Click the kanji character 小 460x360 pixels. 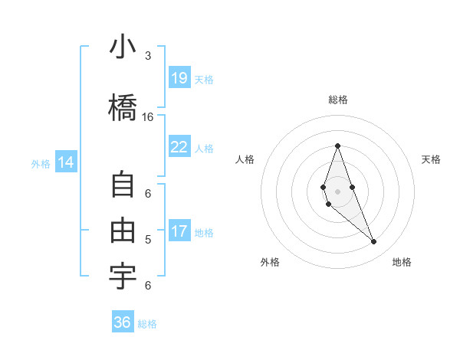[x=123, y=49]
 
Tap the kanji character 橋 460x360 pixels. [x=123, y=106]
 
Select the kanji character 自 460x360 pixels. [x=123, y=186]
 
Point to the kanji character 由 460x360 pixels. [x=123, y=231]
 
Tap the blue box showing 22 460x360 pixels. [x=179, y=147]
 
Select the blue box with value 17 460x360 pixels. [x=179, y=231]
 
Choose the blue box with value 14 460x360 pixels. [x=66, y=162]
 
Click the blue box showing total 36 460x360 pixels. [x=123, y=322]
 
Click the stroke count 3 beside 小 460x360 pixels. [x=148, y=56]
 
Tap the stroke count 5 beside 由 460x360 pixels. [x=148, y=240]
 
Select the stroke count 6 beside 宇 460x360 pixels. [x=148, y=286]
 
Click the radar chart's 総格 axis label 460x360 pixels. [x=337, y=100]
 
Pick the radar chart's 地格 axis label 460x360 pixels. [x=402, y=262]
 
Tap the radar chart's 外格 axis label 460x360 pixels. [x=270, y=262]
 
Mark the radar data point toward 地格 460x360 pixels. [x=373, y=242]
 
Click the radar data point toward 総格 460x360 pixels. [x=337, y=146]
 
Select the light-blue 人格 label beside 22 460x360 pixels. [x=204, y=149]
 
